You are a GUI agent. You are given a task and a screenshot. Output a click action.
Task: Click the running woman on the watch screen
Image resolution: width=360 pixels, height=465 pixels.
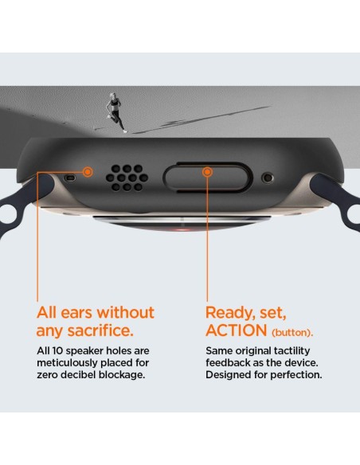coord(115,112)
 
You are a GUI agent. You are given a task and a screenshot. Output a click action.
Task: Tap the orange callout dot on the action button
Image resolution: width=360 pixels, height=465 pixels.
coord(208,172)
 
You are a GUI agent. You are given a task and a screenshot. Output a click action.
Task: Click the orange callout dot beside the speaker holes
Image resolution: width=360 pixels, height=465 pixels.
coord(88,172)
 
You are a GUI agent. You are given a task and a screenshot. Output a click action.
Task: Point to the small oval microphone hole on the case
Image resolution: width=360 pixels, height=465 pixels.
coord(70,178)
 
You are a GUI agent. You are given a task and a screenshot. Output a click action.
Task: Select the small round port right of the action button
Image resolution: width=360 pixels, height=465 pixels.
coord(268,178)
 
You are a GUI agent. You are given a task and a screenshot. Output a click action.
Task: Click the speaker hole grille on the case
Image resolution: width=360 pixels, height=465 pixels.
coord(127,178)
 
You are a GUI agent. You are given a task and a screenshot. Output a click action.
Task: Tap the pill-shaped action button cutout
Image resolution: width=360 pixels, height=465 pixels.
coord(208,177)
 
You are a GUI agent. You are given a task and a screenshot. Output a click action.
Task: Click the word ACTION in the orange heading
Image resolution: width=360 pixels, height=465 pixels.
coord(237,330)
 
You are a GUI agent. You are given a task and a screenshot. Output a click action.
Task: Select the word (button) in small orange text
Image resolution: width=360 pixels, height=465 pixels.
coord(292,333)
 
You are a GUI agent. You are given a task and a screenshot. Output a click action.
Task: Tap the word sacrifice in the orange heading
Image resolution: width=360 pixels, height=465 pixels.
coord(100,330)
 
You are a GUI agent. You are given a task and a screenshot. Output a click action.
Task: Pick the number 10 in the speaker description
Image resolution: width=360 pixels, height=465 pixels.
coord(57,351)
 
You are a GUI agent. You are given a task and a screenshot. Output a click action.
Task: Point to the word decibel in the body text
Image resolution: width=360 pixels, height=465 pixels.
coord(81,375)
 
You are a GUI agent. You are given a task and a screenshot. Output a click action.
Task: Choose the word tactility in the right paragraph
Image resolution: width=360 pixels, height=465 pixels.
coord(292,351)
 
